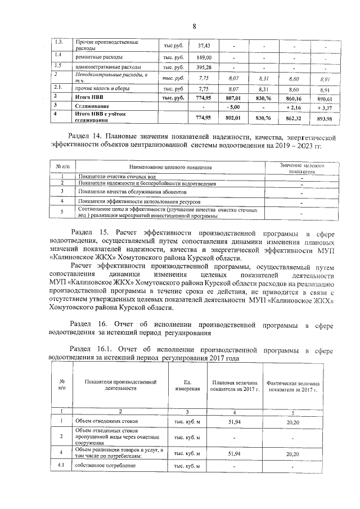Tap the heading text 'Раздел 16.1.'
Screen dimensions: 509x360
click(x=93, y=350)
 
